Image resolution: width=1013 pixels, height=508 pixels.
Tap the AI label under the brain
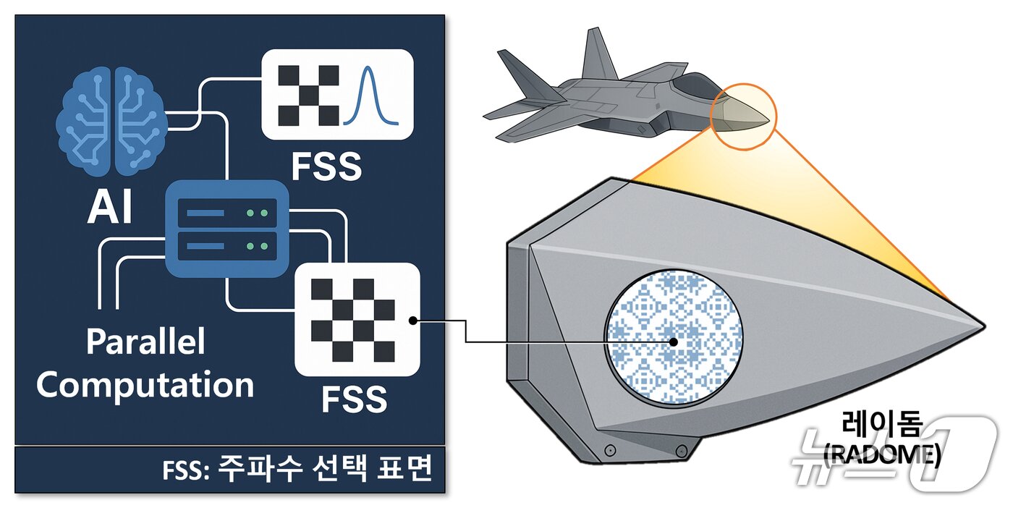(x=110, y=208)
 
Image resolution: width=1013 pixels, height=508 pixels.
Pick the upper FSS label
(x=326, y=166)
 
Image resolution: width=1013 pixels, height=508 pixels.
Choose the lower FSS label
(x=354, y=399)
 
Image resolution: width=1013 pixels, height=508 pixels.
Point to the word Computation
(x=145, y=385)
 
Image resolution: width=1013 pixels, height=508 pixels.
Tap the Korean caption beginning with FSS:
(x=297, y=470)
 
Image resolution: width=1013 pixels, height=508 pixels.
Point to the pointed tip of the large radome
(x=980, y=323)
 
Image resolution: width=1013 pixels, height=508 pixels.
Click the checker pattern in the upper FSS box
(x=309, y=95)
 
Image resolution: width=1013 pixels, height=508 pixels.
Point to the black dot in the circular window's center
(x=674, y=342)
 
